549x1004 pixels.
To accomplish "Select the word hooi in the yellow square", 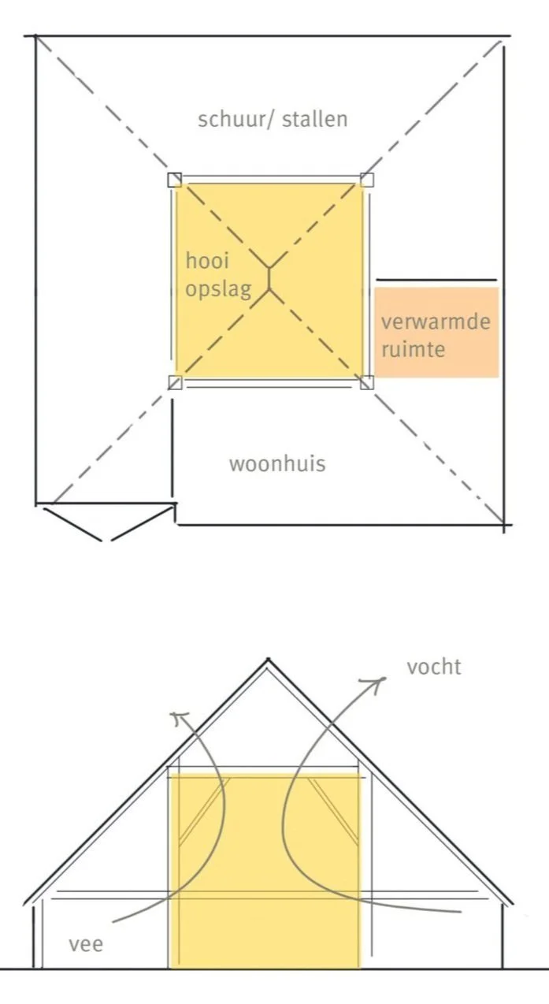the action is pyautogui.click(x=207, y=261).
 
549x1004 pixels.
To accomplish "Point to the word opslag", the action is pyautogui.click(x=219, y=288).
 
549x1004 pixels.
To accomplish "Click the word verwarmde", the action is pyautogui.click(x=435, y=322).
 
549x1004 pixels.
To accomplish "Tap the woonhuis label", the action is pyautogui.click(x=276, y=463).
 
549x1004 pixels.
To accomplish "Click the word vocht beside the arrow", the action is pyautogui.click(x=433, y=667).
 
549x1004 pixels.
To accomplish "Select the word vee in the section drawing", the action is pyautogui.click(x=86, y=943).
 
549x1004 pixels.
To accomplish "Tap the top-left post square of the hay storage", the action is pyautogui.click(x=175, y=180).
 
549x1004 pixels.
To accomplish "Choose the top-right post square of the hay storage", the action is pyautogui.click(x=366, y=180).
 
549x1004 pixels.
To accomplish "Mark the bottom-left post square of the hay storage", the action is pyautogui.click(x=175, y=383).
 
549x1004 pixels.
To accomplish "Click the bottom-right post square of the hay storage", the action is pyautogui.click(x=366, y=383).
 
